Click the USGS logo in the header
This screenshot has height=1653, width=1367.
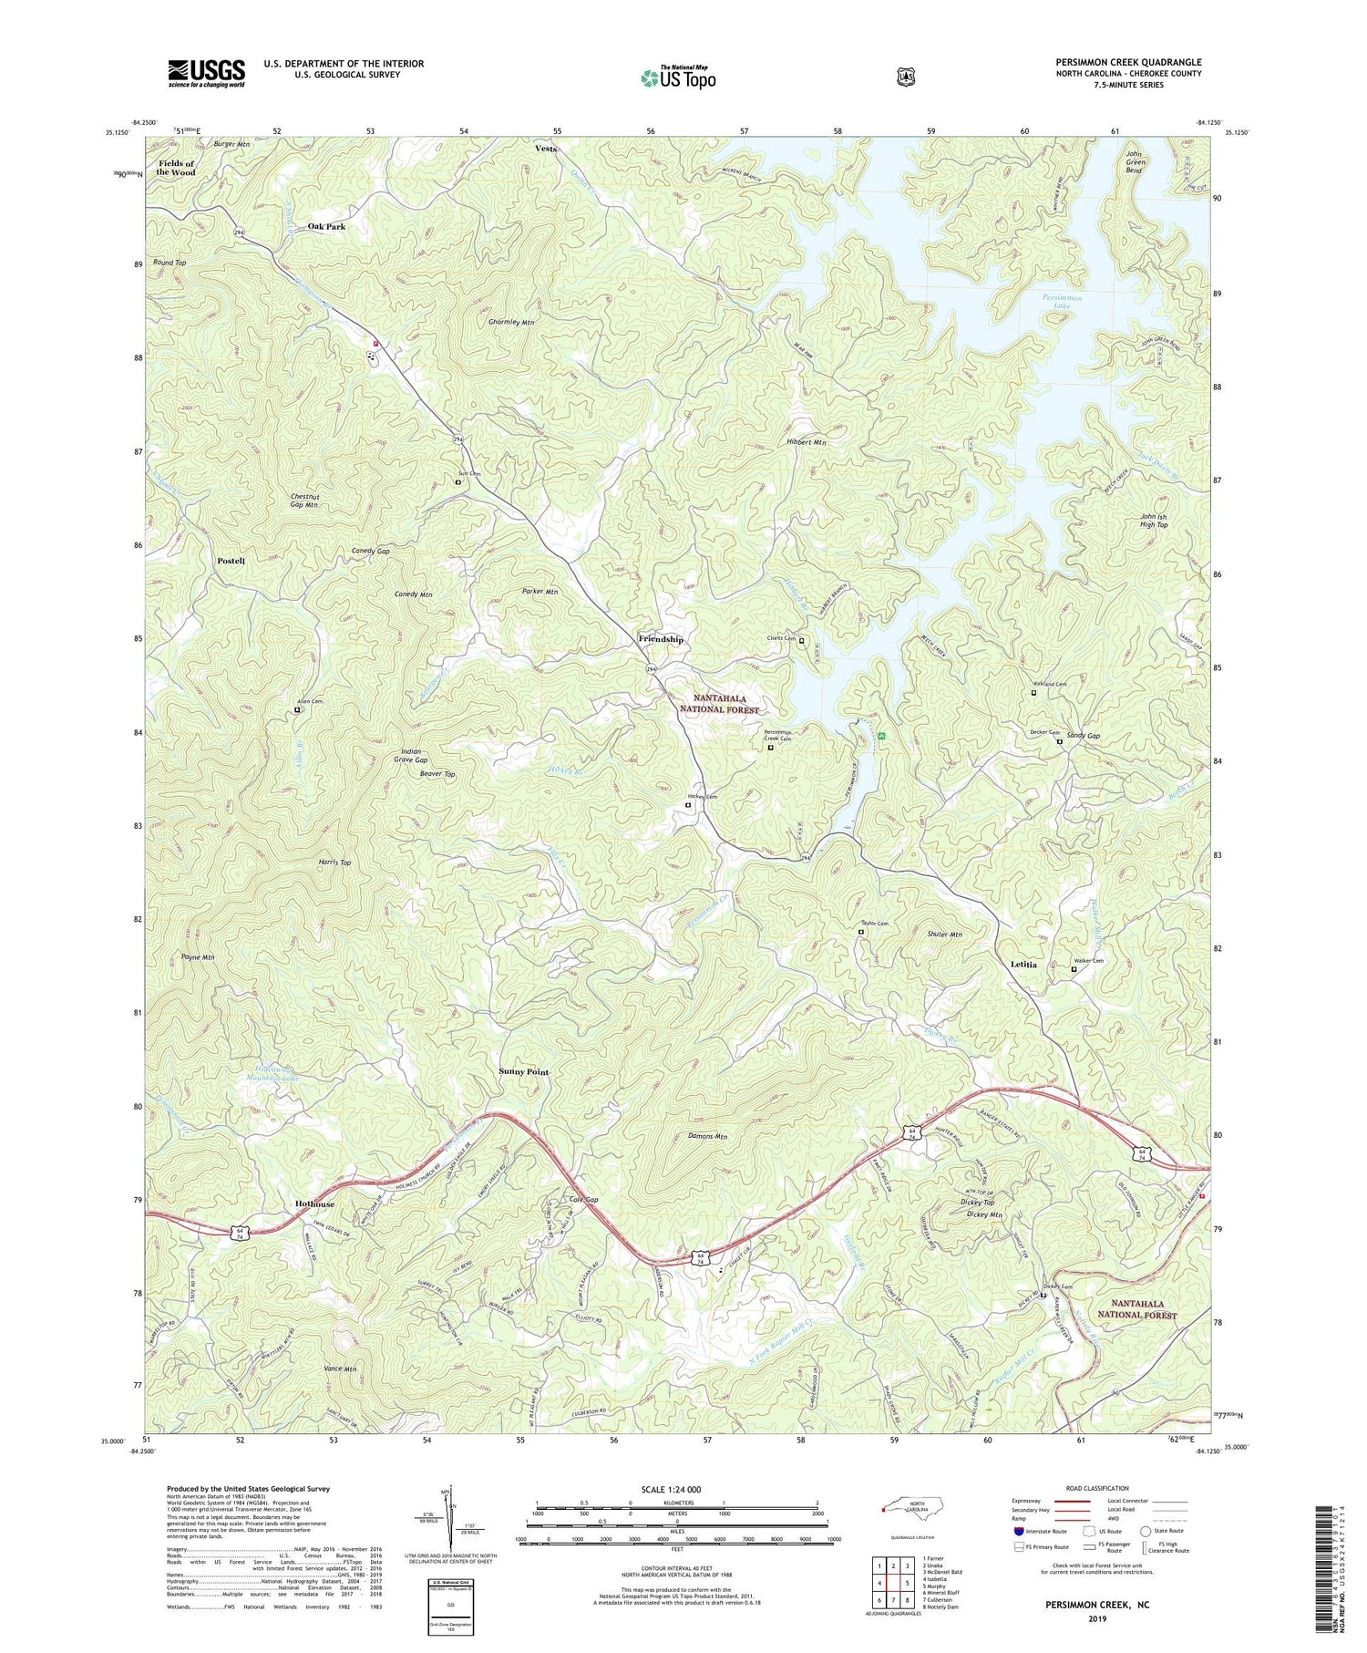207,73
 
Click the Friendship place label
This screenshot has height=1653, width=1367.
661,640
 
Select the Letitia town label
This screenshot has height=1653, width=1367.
1024,964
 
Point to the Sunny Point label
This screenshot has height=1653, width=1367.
524,1072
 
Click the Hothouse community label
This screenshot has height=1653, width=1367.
314,1204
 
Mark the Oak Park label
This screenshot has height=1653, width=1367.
326,226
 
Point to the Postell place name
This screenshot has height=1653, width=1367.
231,561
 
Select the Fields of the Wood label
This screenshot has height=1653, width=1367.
176,168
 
